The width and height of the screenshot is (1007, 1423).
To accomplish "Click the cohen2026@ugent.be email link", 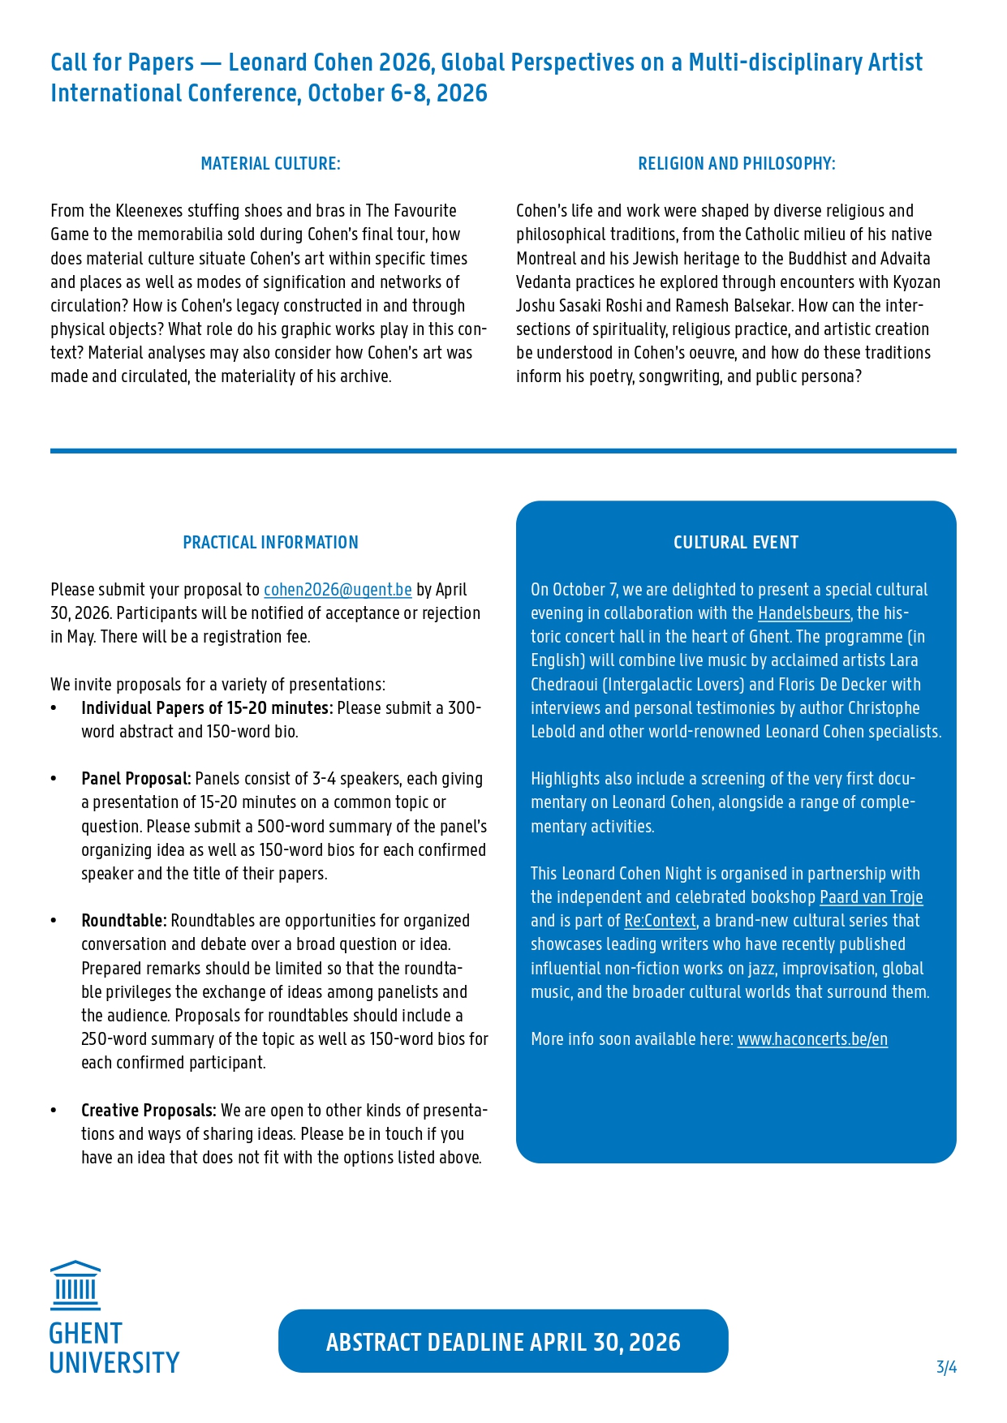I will pos(338,590).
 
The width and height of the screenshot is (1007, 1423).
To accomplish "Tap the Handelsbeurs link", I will pos(803,613).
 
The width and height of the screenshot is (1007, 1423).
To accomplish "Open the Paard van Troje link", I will pos(871,897).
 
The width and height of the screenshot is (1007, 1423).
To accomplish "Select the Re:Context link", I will pos(660,921).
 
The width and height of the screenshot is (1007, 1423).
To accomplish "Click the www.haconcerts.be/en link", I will pos(812,1039).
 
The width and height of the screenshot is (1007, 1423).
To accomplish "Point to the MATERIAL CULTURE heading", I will pos(270,164).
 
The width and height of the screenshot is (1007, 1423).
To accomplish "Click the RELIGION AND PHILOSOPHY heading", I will pos(736,164).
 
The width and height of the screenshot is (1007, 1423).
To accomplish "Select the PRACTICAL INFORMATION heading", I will pos(270,543).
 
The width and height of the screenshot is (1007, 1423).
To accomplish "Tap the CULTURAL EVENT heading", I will pos(736,543).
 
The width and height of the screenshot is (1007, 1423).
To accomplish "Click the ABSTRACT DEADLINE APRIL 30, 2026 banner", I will pos(503,1342).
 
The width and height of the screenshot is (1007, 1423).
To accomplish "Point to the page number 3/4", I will pos(946,1368).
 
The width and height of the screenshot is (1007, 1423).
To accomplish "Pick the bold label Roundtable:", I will pos(123,921).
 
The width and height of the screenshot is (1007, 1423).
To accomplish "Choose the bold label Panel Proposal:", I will pos(136,779).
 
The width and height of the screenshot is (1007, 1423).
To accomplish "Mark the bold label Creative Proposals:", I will pos(148,1111).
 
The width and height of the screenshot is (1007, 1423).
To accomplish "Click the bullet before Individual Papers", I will pos(54,708).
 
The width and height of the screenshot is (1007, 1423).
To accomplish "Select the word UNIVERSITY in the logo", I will pos(114,1363).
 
